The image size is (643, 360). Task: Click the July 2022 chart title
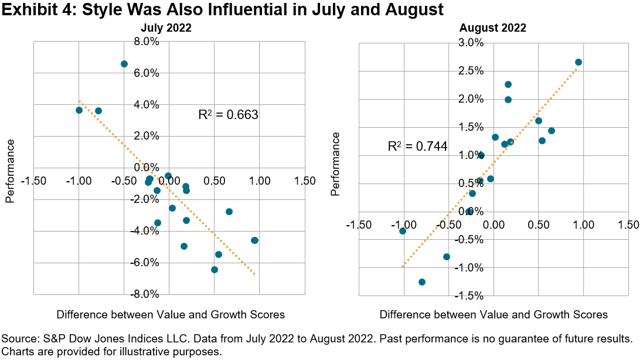pos(166,28)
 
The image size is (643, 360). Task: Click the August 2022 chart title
pos(492,28)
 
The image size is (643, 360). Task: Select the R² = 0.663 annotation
pos(229,115)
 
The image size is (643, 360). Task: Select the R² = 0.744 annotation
pos(417,147)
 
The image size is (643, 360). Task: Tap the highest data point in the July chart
pos(124,64)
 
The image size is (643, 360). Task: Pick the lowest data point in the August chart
pos(422,282)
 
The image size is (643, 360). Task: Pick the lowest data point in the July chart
pos(215,270)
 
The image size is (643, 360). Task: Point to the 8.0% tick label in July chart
pos(147,42)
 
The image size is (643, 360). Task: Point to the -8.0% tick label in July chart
pos(145,294)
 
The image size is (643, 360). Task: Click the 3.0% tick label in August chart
pos(471,43)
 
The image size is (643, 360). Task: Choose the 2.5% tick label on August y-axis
pos(471,71)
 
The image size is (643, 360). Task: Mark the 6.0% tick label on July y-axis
pos(147,73)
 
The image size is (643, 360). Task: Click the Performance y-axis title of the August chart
pos(335,164)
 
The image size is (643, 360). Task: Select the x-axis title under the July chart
pos(171,315)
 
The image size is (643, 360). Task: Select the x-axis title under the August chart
pos(494,315)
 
